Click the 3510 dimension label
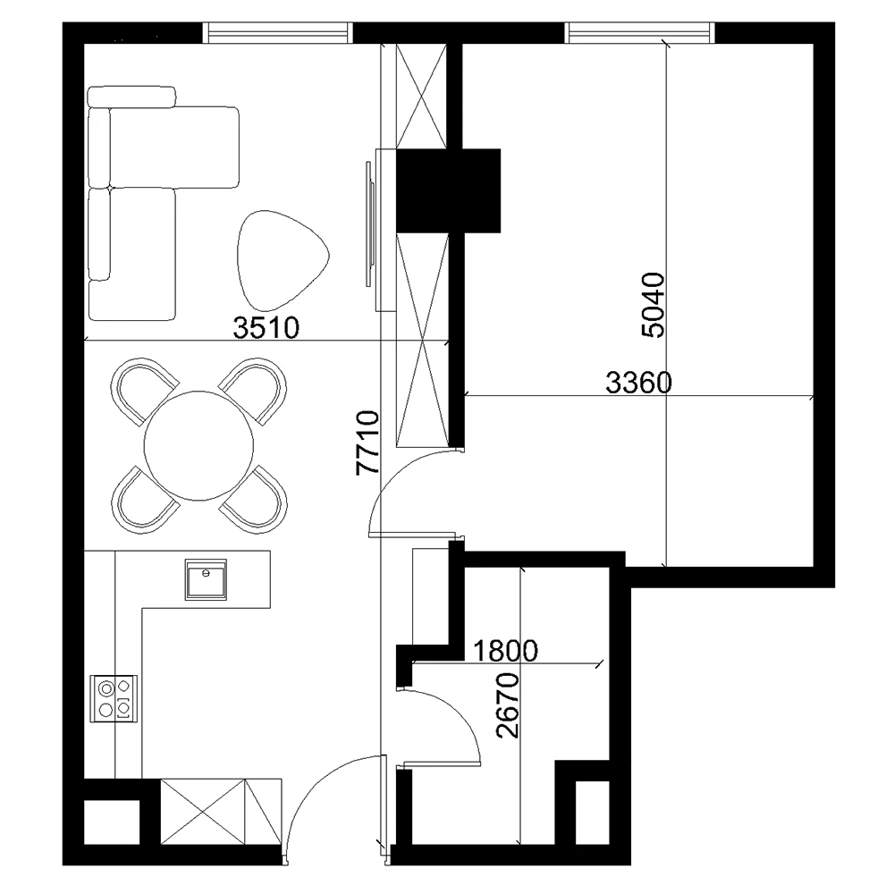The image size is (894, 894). pyautogui.click(x=266, y=328)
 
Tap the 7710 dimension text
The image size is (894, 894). pyautogui.click(x=367, y=443)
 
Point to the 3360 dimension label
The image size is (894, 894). pyautogui.click(x=638, y=383)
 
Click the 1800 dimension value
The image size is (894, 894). pyautogui.click(x=505, y=651)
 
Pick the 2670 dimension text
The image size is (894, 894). pyautogui.click(x=508, y=706)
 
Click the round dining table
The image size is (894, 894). pyautogui.click(x=198, y=446)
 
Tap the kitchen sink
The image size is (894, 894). pyautogui.click(x=206, y=579)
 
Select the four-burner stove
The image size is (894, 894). pyautogui.click(x=114, y=698)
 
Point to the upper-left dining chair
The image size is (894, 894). pyautogui.click(x=144, y=390)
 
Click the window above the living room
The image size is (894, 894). pyautogui.click(x=278, y=32)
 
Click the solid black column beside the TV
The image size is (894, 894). pyautogui.click(x=448, y=190)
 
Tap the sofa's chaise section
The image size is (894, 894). pyautogui.click(x=174, y=148)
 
